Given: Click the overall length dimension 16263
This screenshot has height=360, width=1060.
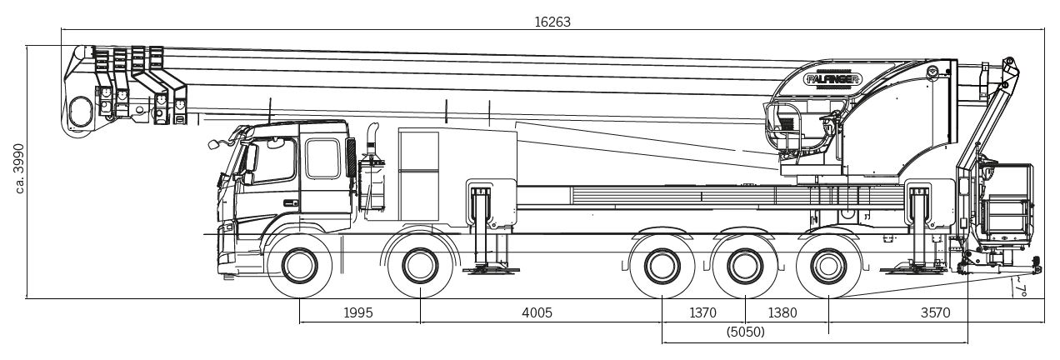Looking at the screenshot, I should click(552, 22).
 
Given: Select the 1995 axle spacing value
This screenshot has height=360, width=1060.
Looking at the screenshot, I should click(358, 312).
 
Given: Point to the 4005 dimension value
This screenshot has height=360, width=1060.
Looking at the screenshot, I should click(537, 312).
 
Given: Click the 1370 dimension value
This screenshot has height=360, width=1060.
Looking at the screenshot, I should click(702, 312).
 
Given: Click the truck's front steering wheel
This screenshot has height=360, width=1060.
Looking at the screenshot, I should click(299, 266).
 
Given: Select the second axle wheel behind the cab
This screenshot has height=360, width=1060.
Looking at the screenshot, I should click(420, 266).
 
